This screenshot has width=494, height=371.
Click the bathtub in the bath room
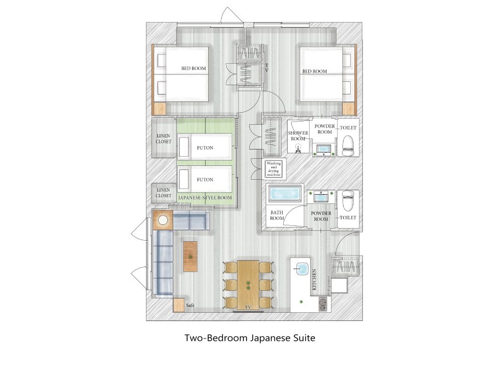coord(285,193)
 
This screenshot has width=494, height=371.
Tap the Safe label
coord(190,306)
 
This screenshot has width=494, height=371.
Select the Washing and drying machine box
coord(273,169)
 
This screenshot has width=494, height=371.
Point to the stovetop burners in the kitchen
coord(323,304)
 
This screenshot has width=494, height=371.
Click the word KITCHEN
coord(314,280)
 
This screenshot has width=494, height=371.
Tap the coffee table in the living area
coord(190,257)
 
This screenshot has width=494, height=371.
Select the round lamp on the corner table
coord(163,220)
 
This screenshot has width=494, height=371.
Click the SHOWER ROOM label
coord(297,136)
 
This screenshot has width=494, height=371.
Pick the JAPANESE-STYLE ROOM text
coord(205,198)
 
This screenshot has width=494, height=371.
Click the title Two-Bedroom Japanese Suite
coord(250,338)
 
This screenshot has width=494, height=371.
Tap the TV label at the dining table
coord(248,307)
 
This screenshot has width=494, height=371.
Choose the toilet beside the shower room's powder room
coord(348,146)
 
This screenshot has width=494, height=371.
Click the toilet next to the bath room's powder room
coord(348,201)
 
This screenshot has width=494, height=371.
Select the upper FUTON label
coord(205,148)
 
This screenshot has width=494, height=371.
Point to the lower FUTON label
coord(205,180)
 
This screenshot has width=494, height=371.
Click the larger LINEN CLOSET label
coord(164,139)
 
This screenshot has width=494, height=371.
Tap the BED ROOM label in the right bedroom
coord(315,71)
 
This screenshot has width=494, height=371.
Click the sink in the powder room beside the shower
coord(323,149)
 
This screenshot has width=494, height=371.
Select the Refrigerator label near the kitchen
coord(328,285)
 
